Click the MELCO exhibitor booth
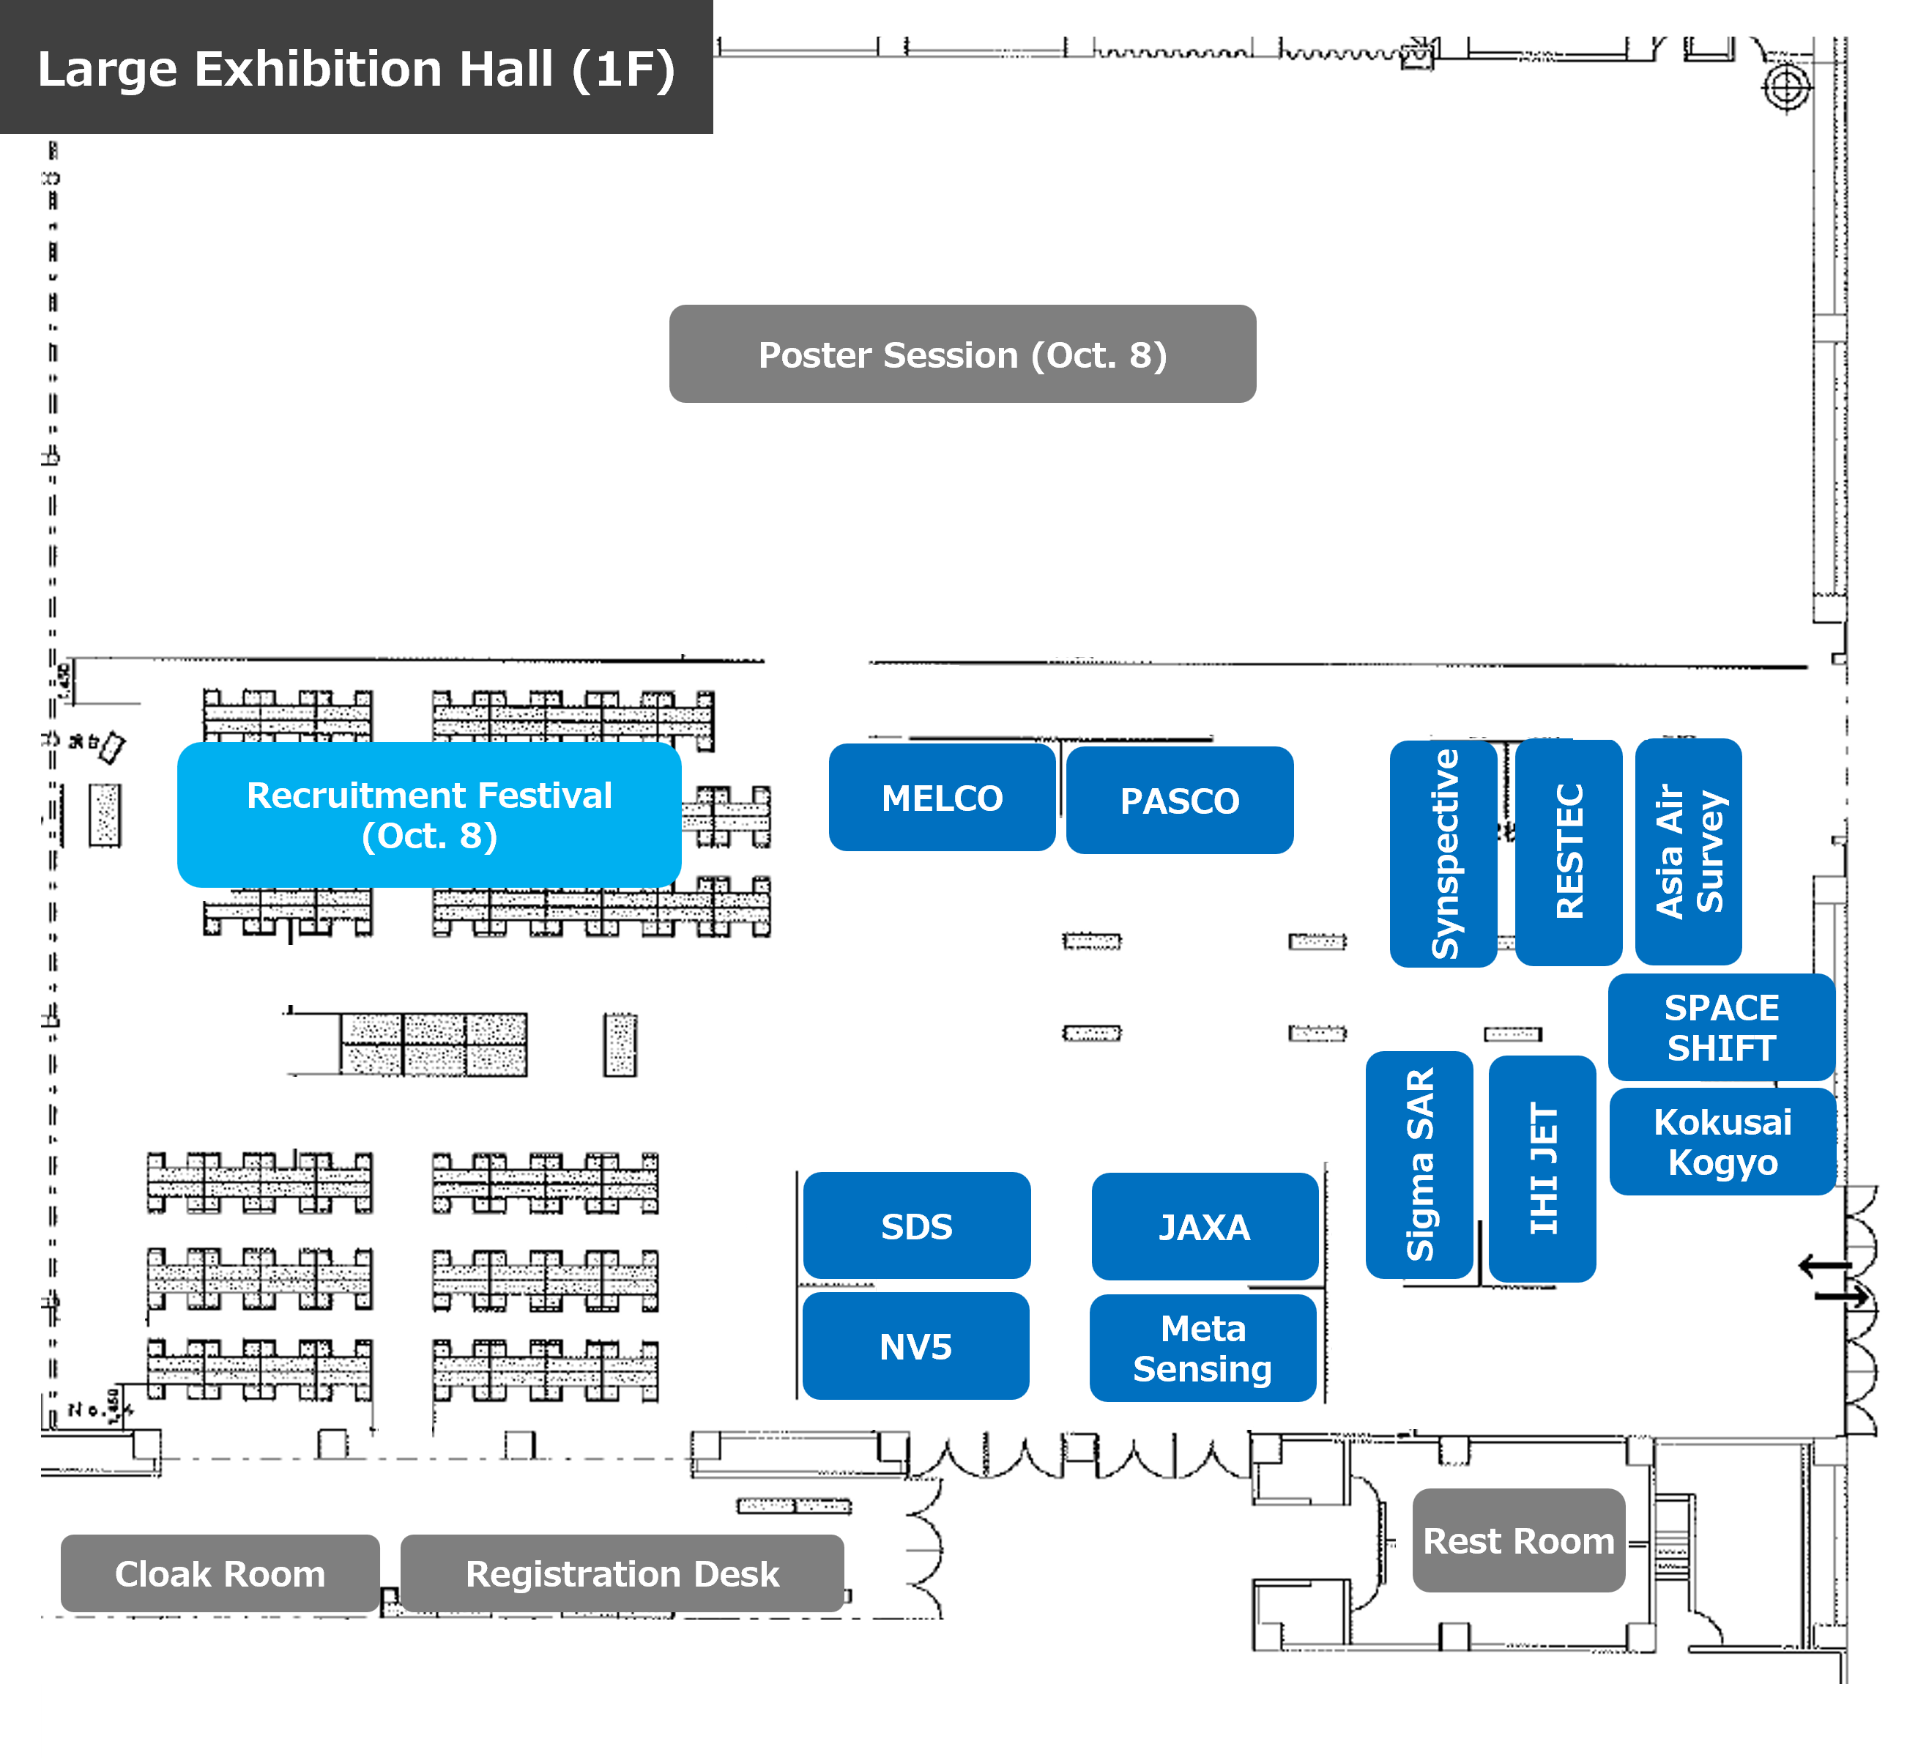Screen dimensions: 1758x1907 [942, 797]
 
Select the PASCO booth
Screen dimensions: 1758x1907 [1179, 800]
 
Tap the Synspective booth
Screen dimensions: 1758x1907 [1443, 853]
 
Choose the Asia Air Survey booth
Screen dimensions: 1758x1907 [1688, 851]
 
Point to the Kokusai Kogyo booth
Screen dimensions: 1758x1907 [1722, 1141]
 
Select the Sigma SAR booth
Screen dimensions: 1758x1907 [1419, 1165]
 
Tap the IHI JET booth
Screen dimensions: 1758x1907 [1542, 1168]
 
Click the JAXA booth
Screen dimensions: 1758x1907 [1204, 1226]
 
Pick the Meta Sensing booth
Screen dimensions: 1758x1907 [1202, 1348]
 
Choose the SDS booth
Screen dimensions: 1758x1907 [916, 1225]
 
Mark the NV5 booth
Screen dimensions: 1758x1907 [915, 1346]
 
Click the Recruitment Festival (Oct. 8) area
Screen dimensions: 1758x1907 [429, 815]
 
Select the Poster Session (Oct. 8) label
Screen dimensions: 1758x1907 [962, 354]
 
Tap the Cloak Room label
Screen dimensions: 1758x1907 [220, 1573]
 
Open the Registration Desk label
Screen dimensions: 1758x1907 [622, 1573]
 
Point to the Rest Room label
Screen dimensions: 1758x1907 [1518, 1540]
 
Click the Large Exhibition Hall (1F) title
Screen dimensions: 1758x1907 [356, 69]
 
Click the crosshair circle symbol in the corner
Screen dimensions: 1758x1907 [1786, 87]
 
